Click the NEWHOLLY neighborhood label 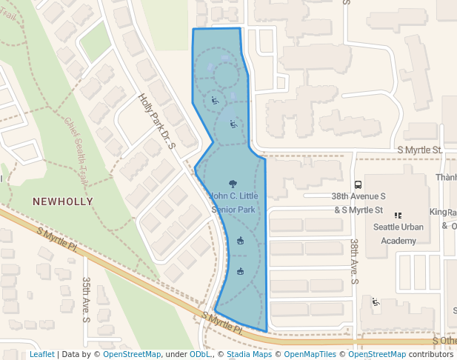point(63,201)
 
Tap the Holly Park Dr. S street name point(157,121)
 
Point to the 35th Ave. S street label point(86,299)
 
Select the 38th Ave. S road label point(355,261)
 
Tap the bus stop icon point(358,184)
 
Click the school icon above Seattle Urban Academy point(398,216)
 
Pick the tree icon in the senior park point(233,183)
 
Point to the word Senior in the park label point(223,210)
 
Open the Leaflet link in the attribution point(41,354)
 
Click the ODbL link point(201,354)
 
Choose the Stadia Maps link point(247,354)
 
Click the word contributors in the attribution point(430,354)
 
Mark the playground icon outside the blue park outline point(376,301)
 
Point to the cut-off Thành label point(446,177)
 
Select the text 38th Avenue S point(358,196)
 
